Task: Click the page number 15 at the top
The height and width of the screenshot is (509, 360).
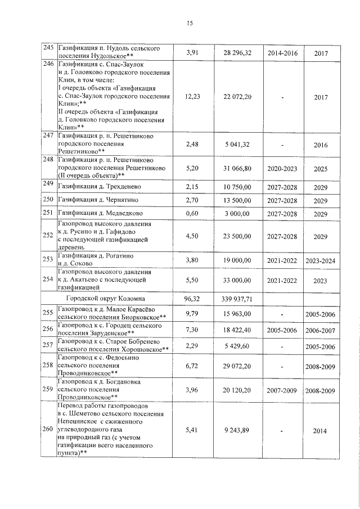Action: pyautogui.click(x=190, y=23)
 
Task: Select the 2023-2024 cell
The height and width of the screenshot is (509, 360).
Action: pyautogui.click(x=321, y=260)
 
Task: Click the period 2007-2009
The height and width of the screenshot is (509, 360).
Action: pyautogui.click(x=283, y=390)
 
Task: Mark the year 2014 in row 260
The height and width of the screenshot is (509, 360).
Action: pyautogui.click(x=321, y=431)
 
